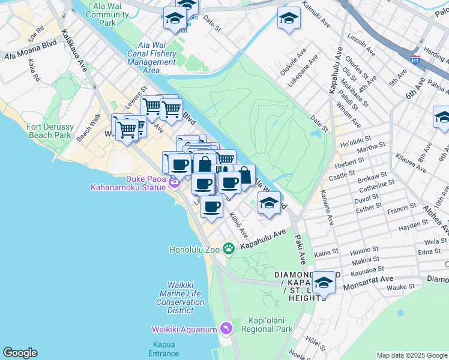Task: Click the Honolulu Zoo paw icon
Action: point(228,248)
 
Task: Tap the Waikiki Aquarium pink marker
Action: point(226,328)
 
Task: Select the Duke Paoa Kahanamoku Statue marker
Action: point(175,183)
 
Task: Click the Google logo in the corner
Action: point(20,353)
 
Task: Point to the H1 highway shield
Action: point(415,60)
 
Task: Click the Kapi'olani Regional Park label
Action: point(267,324)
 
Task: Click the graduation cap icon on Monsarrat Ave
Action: point(324,281)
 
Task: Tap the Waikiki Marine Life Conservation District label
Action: point(181,294)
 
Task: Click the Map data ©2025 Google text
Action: point(412,355)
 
